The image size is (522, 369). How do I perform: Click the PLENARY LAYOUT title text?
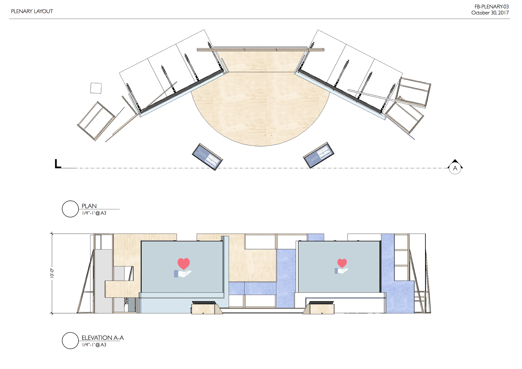[x=32, y=11]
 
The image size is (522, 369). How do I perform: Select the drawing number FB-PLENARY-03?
[x=492, y=7]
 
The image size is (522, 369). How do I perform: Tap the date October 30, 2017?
[x=490, y=13]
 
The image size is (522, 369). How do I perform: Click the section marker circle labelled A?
[x=455, y=168]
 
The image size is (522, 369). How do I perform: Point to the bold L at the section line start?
[x=58, y=164]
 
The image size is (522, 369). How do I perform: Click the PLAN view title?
[x=89, y=206]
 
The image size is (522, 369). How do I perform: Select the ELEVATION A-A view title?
[x=103, y=338]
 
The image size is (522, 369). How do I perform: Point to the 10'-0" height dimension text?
[x=52, y=273]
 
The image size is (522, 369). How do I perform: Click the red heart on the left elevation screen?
[x=184, y=263]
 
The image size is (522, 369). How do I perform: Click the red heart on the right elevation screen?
[x=342, y=263]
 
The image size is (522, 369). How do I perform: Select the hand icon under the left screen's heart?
[x=183, y=274]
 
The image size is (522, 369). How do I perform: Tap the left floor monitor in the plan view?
[x=207, y=157]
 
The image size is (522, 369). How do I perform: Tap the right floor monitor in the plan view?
[x=319, y=155]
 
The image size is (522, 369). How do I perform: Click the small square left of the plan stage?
[x=96, y=88]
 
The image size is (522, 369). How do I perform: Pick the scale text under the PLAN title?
[x=94, y=213]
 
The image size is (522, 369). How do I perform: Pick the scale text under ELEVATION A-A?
[x=94, y=345]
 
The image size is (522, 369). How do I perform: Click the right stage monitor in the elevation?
[x=321, y=303]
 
